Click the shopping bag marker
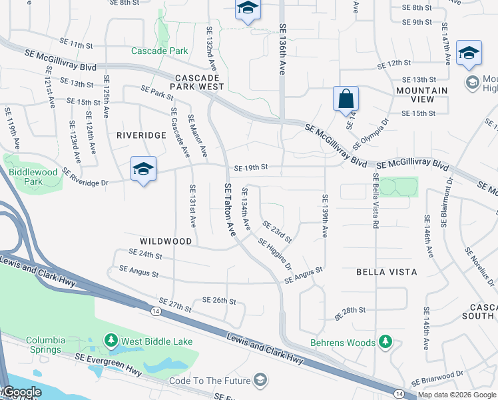(x=346, y=99)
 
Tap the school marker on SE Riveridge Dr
(x=143, y=170)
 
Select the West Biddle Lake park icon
(x=111, y=342)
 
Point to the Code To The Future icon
(x=260, y=381)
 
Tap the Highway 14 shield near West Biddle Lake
(x=154, y=311)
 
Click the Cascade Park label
(x=159, y=51)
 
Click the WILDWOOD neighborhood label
(x=166, y=241)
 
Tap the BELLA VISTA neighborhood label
(x=387, y=272)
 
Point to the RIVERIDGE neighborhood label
(x=141, y=135)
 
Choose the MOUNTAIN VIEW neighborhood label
(x=422, y=95)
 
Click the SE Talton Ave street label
(x=230, y=210)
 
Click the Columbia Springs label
(x=46, y=344)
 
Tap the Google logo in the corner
(x=21, y=392)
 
